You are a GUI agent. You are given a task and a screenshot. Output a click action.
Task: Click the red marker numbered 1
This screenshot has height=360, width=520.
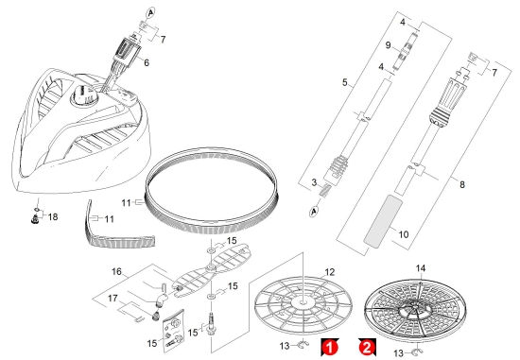(x=329, y=348)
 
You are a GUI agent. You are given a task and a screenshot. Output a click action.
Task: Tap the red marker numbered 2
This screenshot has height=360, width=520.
(x=367, y=348)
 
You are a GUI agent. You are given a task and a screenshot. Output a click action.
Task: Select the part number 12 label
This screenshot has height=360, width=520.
(x=330, y=272)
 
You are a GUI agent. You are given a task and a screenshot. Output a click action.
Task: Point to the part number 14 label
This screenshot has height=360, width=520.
(x=421, y=268)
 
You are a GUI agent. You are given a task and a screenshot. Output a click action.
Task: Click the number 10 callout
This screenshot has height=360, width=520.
(x=404, y=234)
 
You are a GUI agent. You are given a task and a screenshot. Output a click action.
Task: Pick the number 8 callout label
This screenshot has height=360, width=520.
(x=462, y=184)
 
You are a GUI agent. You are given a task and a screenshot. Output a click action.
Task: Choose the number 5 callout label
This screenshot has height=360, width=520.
(x=345, y=82)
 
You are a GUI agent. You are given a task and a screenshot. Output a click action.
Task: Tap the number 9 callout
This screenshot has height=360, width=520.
(x=388, y=45)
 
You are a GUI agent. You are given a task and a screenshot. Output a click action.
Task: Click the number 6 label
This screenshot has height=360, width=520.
(x=147, y=62)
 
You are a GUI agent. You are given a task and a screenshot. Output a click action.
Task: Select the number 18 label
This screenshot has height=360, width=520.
(x=53, y=216)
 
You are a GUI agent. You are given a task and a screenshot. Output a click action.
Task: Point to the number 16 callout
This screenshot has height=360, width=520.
(x=116, y=272)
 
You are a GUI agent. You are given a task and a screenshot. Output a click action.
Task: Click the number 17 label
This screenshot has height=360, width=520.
(x=113, y=299)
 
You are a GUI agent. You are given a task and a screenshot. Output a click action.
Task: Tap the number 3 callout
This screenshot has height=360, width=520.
(x=314, y=182)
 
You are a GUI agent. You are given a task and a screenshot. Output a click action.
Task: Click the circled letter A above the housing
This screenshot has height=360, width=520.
(x=150, y=13)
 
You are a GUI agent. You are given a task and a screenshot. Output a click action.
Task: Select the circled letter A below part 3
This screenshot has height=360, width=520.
(x=314, y=211)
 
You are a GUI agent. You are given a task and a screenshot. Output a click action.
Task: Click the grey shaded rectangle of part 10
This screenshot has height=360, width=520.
(x=383, y=221)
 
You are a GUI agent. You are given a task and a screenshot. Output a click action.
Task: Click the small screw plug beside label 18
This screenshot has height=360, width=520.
(x=34, y=219)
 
